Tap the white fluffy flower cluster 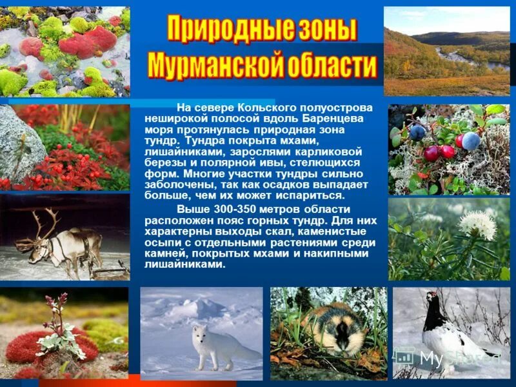477,225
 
